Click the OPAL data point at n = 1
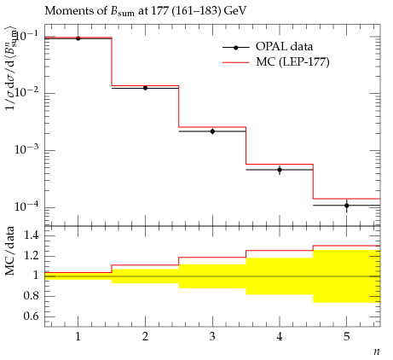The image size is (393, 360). click(x=78, y=38)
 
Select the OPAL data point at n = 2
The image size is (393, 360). click(x=145, y=88)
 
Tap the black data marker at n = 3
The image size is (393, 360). click(x=212, y=131)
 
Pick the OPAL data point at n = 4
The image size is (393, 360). click(x=280, y=170)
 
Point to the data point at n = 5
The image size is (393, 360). click(x=347, y=206)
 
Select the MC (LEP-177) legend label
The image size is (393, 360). click(x=292, y=61)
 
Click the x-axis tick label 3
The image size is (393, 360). click(x=212, y=337)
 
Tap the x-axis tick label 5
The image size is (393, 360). click(x=347, y=337)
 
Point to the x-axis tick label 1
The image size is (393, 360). click(x=78, y=337)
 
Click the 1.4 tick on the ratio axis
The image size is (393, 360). click(x=31, y=235)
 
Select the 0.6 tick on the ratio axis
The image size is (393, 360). click(x=31, y=316)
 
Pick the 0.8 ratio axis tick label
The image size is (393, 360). click(x=31, y=296)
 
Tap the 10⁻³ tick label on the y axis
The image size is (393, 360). click(x=27, y=148)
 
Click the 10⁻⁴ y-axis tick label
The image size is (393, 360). click(x=27, y=206)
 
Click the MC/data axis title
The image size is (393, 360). click(x=9, y=251)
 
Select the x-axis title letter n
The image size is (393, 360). click(x=377, y=351)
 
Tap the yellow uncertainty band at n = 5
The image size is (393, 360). click(x=347, y=276)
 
